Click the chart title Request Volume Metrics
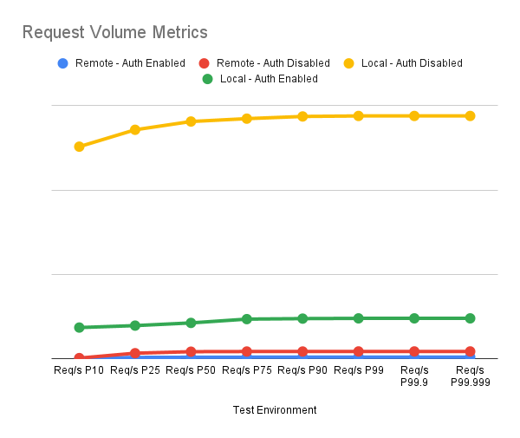[114, 33]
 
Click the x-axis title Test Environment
[275, 409]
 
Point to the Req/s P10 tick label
[79, 370]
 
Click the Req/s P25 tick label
[135, 370]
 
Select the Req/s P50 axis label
[191, 370]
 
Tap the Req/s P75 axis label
[247, 370]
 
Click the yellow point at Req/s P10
[79, 147]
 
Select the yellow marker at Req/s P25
[135, 130]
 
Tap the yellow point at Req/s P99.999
[471, 115]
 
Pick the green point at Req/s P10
[79, 327]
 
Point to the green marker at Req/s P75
[247, 319]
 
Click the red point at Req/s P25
[135, 353]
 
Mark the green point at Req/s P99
[359, 318]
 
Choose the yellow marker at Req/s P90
[302, 116]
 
